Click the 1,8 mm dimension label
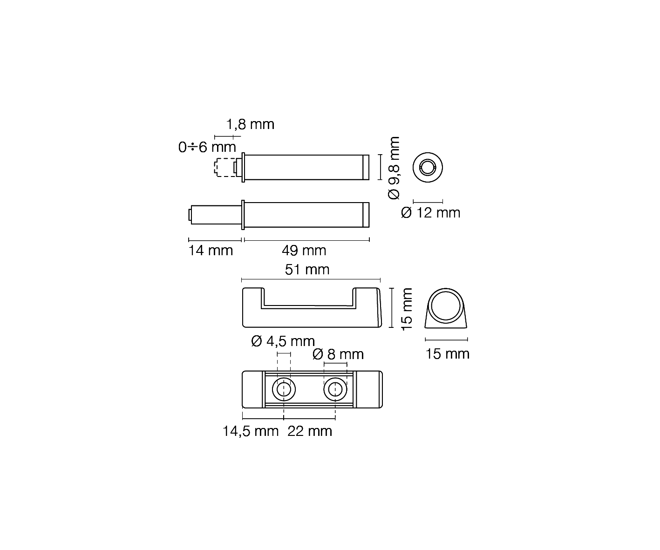[250, 124]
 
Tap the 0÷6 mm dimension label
[207, 147]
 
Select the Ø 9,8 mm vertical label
[394, 168]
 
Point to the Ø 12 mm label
[430, 213]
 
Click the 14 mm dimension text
[211, 251]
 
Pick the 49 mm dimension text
[304, 251]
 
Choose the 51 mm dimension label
[307, 270]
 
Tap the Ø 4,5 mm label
[283, 341]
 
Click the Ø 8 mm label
[338, 354]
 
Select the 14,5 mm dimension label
[250, 431]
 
